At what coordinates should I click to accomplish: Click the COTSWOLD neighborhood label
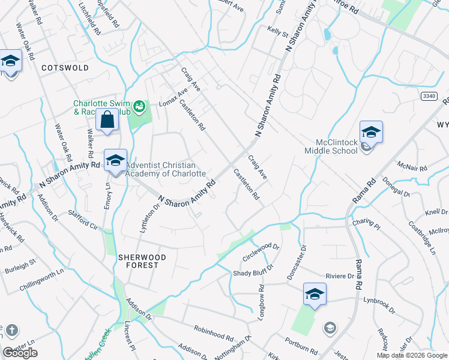coord(65,68)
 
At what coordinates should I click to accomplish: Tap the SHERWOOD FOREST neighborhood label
coord(139,260)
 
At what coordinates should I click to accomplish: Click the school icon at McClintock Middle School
coord(371,132)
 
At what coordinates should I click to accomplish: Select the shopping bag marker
coord(107,119)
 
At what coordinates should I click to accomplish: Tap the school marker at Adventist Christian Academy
coord(115,161)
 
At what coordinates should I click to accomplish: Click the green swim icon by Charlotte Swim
coord(140,107)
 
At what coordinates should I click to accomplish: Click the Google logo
coord(20,353)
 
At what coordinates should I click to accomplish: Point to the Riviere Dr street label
coord(340,276)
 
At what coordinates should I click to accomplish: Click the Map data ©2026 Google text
coord(412,355)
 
